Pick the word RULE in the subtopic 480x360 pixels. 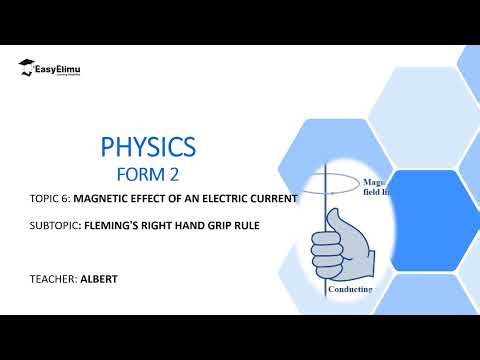point(248,227)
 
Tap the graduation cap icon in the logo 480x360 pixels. point(24,68)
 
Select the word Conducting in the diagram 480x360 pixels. point(350,289)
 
